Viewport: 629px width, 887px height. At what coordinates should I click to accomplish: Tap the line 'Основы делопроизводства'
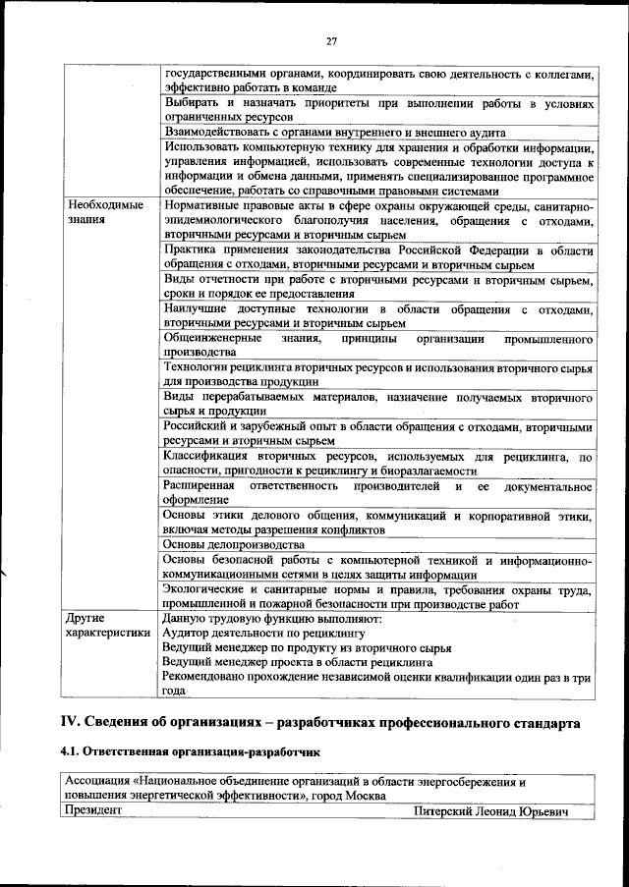pos(234,544)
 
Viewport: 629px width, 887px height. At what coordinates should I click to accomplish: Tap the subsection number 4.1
pos(72,752)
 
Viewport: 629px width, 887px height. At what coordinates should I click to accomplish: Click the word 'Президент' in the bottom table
pos(92,811)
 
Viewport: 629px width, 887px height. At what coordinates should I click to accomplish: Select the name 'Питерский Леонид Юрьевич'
pos(490,811)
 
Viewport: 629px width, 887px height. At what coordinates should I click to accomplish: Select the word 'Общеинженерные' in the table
pos(212,338)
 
